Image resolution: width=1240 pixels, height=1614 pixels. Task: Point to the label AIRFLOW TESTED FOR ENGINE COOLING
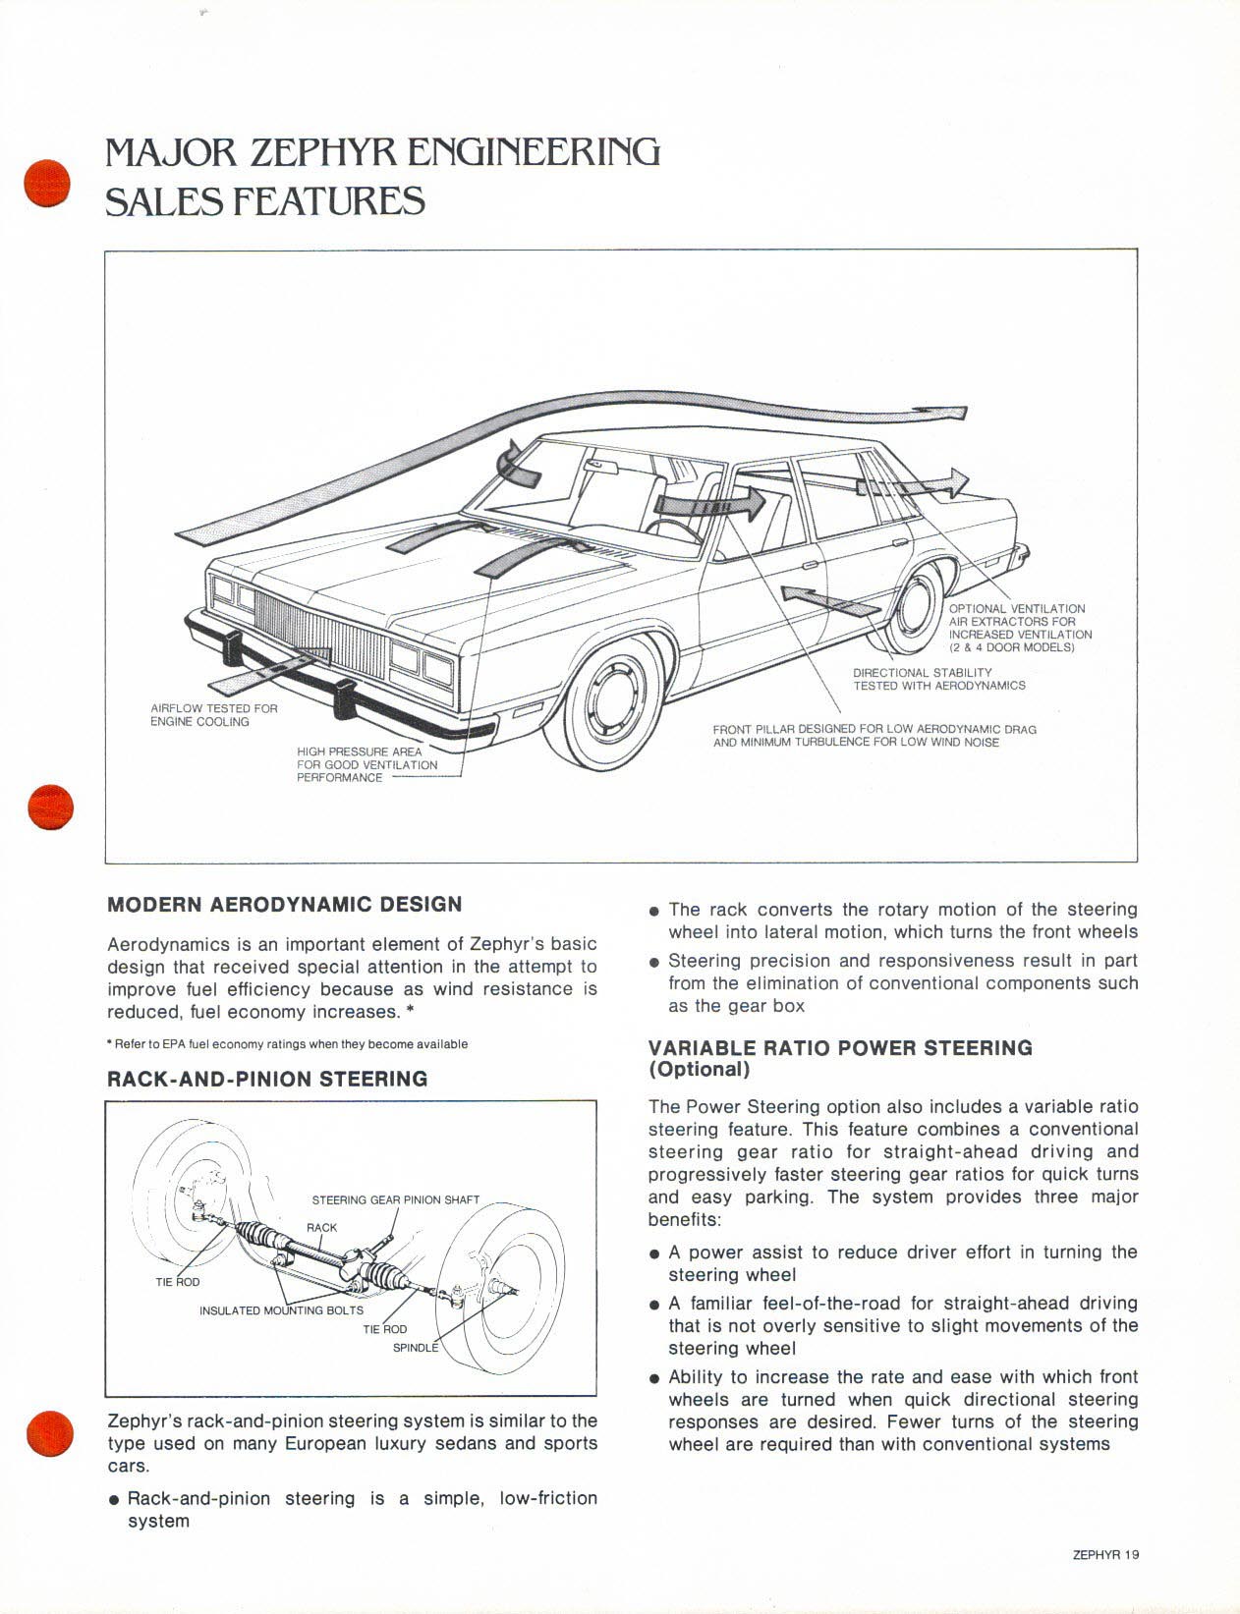tap(214, 715)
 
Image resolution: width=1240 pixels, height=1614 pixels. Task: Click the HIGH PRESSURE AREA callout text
tap(366, 764)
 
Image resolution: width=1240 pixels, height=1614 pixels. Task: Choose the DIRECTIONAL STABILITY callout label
tap(938, 679)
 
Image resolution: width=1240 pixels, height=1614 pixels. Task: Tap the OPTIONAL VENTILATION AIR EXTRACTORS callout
tap(1019, 628)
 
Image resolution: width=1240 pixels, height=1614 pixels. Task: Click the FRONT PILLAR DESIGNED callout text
tap(874, 736)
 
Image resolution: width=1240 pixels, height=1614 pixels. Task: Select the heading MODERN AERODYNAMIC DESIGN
tap(284, 904)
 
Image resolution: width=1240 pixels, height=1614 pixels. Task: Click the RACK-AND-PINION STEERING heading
tap(267, 1079)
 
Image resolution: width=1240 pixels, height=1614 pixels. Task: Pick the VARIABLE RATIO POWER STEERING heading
tap(840, 1047)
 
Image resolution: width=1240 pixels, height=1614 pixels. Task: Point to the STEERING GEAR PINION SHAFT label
tap(395, 1199)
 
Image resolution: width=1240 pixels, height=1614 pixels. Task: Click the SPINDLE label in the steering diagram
tap(415, 1348)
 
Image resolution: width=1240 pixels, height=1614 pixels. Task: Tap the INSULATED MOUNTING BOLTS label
tap(281, 1310)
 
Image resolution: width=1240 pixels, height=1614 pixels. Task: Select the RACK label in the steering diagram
tap(321, 1227)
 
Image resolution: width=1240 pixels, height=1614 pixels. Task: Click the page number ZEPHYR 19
tap(1105, 1555)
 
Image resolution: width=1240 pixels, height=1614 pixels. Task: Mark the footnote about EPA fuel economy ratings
tap(287, 1044)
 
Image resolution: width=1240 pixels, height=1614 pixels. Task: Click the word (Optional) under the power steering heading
tap(699, 1069)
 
